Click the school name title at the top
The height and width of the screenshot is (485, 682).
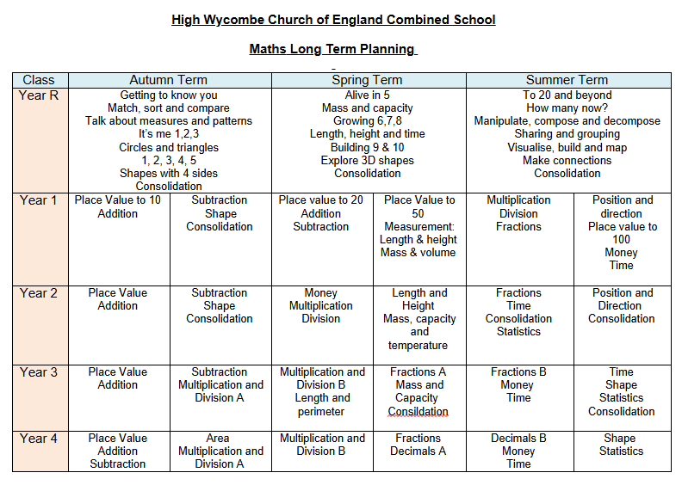[x=333, y=20]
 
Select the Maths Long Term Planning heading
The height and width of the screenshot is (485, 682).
[x=332, y=49]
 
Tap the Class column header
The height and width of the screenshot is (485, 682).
[x=40, y=80]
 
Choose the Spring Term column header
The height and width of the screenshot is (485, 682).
[x=368, y=80]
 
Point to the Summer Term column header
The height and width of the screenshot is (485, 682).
[x=567, y=80]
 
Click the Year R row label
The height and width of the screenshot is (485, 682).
[x=40, y=95]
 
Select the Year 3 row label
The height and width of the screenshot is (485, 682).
[x=40, y=372]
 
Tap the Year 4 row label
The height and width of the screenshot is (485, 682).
[x=40, y=439]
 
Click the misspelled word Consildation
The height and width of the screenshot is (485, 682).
[x=418, y=411]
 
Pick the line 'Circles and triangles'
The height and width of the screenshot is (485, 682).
[x=169, y=147]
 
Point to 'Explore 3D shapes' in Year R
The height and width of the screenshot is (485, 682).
[x=368, y=160]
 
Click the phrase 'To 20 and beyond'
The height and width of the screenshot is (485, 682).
[x=567, y=95]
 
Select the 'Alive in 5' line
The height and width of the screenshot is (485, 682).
[x=368, y=95]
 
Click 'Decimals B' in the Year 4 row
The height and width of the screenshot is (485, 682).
[x=518, y=439]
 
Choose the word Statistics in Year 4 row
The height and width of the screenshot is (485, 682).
[x=621, y=451]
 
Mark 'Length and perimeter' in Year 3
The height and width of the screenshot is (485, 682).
[x=323, y=405]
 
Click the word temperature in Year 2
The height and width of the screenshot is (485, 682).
[x=418, y=345]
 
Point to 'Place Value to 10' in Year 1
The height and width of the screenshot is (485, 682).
[x=118, y=200]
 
